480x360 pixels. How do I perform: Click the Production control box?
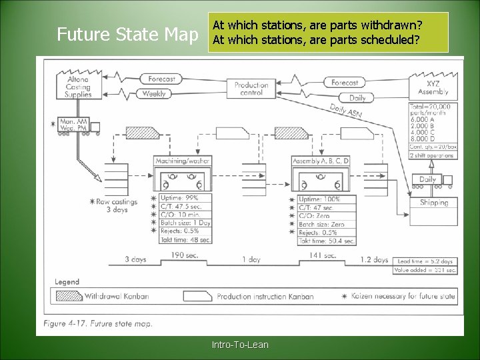click(x=251, y=89)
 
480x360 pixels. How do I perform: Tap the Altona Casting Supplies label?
click(x=78, y=87)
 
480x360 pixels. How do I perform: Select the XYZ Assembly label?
click(x=433, y=88)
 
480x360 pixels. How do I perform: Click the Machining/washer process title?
click(x=183, y=161)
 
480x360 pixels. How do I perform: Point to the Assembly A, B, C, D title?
click(x=321, y=161)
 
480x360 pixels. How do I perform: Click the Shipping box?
click(x=434, y=203)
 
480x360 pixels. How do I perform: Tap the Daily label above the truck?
click(x=427, y=179)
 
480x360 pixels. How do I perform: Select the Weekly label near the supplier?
click(x=154, y=94)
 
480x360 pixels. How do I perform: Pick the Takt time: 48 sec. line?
click(x=186, y=239)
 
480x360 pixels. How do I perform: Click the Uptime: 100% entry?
click(x=319, y=199)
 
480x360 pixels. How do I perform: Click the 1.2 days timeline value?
click(x=374, y=260)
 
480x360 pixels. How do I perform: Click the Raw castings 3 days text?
click(x=117, y=205)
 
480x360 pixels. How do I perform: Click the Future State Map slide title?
click(x=127, y=34)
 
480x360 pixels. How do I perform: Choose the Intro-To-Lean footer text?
click(x=240, y=345)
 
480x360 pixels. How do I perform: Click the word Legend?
click(x=67, y=282)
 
